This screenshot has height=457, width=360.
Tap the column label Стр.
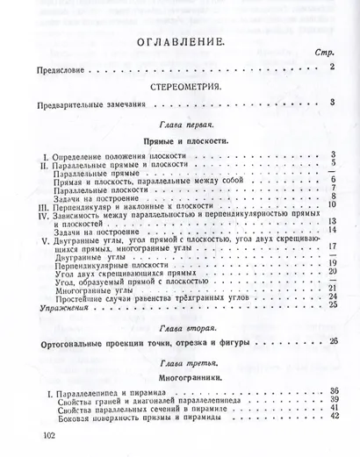[322, 54]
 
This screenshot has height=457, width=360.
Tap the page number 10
[333, 204]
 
